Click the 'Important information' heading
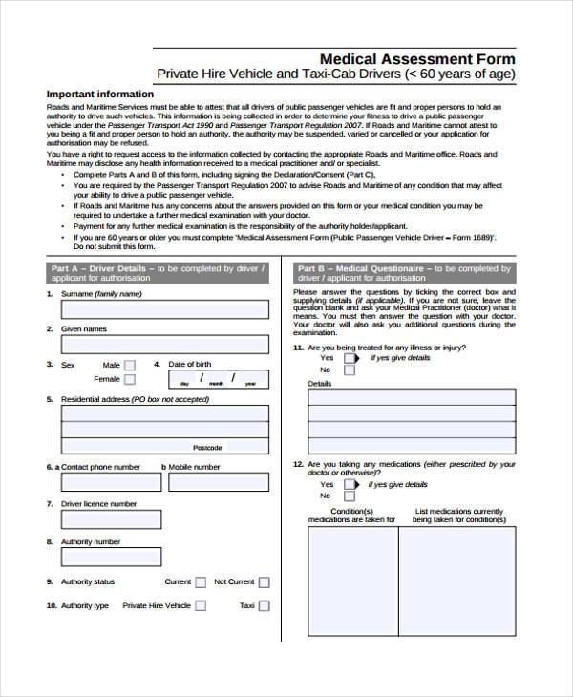[99, 94]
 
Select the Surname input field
[164, 309]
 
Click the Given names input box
[164, 345]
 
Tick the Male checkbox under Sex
[130, 366]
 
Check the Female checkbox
[130, 380]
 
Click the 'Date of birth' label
[190, 365]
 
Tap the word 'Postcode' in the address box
[207, 447]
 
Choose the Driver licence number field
[164, 519]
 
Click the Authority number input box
[164, 557]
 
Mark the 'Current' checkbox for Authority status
[202, 581]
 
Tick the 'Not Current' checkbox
[265, 582]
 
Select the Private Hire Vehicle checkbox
[202, 605]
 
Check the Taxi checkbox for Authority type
[265, 605]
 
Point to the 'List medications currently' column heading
[459, 511]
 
